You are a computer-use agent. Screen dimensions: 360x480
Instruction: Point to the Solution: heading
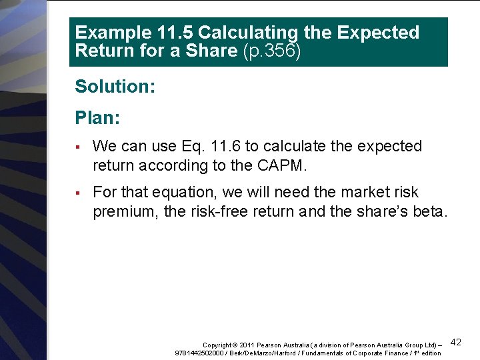pyautogui.click(x=115, y=87)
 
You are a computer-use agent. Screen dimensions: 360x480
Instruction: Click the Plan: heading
pyautogui.click(x=97, y=118)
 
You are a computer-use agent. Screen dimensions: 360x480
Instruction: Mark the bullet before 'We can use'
pyautogui.click(x=78, y=147)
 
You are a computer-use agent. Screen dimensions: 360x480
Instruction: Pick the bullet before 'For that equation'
pyautogui.click(x=78, y=193)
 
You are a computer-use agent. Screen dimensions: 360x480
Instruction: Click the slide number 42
pyautogui.click(x=456, y=342)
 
